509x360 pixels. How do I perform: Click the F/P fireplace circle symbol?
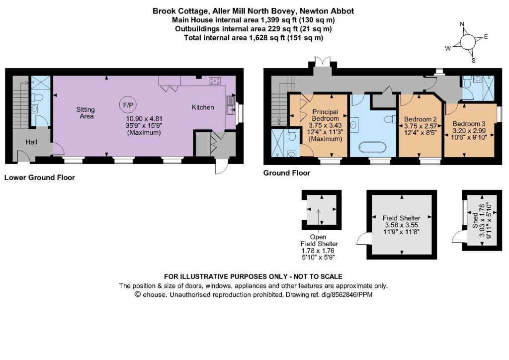128,105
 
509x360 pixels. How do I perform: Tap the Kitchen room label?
203,107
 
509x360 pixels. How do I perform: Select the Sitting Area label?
85,113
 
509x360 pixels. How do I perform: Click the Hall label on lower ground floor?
31,142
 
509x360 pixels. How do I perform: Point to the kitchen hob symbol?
215,81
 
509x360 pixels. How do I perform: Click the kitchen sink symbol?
232,105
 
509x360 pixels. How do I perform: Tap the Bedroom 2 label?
421,119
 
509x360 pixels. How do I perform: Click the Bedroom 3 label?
469,124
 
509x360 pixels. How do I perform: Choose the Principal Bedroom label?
325,115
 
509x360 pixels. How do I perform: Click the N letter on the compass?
462,24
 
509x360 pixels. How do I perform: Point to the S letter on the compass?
474,60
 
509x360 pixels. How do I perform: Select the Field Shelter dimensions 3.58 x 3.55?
402,225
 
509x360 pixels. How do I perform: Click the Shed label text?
475,220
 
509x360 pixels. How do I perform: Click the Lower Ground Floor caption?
40,178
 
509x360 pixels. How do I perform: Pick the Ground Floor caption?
287,173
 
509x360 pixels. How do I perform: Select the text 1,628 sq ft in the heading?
267,38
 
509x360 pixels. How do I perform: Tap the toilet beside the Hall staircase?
38,97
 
